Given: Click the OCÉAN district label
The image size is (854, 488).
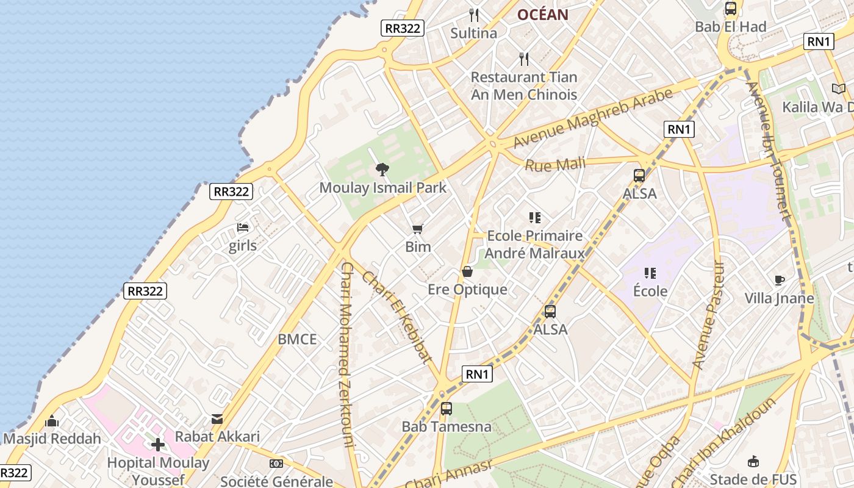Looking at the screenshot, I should coord(542,15).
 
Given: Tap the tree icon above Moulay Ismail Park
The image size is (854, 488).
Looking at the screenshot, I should coord(382,169).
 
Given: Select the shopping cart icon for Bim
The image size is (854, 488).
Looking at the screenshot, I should coord(417,229).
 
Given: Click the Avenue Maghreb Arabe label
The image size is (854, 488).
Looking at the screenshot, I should coord(592,118).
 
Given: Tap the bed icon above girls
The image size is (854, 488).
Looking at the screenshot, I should coord(243,228).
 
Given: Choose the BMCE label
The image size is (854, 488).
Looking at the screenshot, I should coord(297,340).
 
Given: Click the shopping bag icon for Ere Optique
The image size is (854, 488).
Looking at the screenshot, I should coord(467,271).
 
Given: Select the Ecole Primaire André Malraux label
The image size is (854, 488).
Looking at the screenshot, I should coord(534,245).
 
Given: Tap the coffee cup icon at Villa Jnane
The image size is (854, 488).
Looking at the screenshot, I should coord(779,280).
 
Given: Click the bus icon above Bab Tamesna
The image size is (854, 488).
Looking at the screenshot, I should coord(447,409).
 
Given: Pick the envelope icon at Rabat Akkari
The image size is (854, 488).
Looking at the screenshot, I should coord(217,419).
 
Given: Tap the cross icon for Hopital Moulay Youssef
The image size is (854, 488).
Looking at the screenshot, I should coord(158,445).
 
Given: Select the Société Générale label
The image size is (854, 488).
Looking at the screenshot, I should coord(276,481).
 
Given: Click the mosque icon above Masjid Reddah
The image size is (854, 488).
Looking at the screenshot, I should coord(52,422).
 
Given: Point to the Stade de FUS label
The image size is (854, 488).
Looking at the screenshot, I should coord(753,479).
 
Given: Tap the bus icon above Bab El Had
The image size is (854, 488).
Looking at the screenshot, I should coord(730,9).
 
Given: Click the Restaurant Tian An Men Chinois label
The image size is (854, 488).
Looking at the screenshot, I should coord(524,86).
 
